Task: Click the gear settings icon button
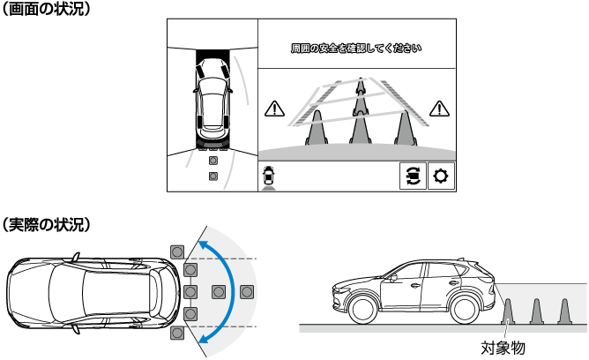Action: tap(441, 176)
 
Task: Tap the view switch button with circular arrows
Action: tap(413, 176)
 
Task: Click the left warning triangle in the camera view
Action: tap(274, 109)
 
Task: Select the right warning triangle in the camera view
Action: tap(439, 109)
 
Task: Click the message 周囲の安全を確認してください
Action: tap(356, 49)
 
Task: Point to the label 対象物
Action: tap(503, 348)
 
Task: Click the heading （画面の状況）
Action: tap(46, 9)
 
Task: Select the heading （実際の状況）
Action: tap(46, 224)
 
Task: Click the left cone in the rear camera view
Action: tap(317, 128)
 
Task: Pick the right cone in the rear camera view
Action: tap(405, 128)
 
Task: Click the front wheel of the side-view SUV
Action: tap(362, 310)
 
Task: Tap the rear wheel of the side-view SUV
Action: tap(465, 310)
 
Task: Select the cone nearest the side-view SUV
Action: tap(508, 311)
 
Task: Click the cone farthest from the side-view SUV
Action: tap(564, 311)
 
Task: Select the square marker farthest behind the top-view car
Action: tap(247, 291)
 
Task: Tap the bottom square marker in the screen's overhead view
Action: tap(213, 176)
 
